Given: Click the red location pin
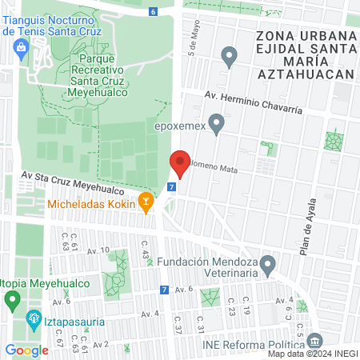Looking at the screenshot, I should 180,163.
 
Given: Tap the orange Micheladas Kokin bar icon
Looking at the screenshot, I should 146,203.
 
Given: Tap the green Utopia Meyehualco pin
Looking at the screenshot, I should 11,302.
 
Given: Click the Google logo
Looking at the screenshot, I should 26,350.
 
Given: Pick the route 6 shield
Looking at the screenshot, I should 153,11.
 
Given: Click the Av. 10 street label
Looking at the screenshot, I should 98,250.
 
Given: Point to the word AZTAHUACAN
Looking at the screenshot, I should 305,74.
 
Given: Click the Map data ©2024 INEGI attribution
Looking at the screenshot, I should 311,354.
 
